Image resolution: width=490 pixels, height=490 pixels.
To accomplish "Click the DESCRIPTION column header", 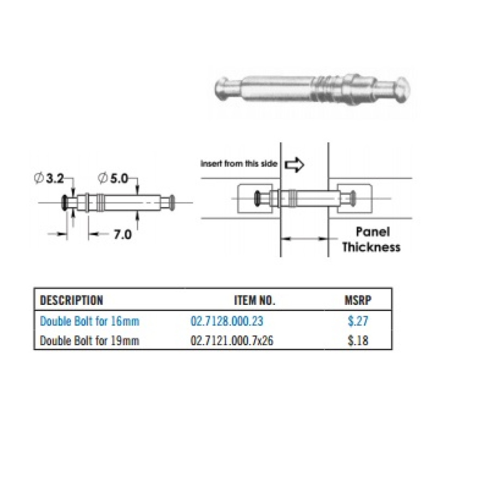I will pos(71,300).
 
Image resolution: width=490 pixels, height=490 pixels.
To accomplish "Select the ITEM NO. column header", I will pos(255,300).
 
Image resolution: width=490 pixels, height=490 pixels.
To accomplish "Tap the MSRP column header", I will pos(358,300).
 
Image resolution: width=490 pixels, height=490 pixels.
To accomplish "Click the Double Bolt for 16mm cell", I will pos(90,321).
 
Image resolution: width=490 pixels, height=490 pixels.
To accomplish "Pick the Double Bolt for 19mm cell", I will pos(90,341).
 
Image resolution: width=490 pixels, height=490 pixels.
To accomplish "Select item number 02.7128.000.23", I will pos(227,321).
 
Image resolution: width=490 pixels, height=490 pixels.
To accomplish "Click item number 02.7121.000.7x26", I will pos(232,341).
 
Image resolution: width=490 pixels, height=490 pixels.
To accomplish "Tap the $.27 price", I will pos(358,321).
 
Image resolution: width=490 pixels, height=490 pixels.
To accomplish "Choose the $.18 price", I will pos(358,341).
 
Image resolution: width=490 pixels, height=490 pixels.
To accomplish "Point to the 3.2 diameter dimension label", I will pos(54,178).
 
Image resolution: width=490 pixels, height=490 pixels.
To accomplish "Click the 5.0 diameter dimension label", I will pos(117,178).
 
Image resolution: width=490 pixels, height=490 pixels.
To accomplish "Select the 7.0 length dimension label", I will pos(122,235).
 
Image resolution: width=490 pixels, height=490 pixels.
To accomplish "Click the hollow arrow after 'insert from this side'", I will pos(295,163).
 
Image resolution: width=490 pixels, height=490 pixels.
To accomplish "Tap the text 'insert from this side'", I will pos(240,163).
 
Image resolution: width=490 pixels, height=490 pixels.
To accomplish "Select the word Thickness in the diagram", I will pos(371,247).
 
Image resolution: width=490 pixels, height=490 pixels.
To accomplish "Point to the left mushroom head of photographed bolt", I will pos(224,88).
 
